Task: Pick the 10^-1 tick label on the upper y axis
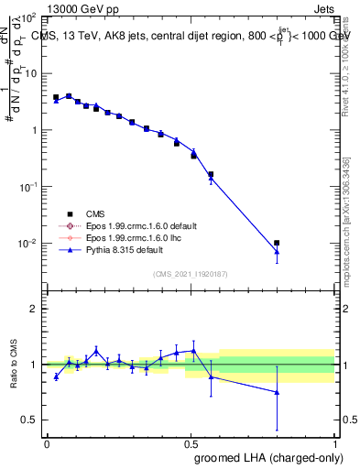(27, 186)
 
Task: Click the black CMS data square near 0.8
(277, 243)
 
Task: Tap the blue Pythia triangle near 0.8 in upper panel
(277, 251)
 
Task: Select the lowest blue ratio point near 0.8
(277, 391)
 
